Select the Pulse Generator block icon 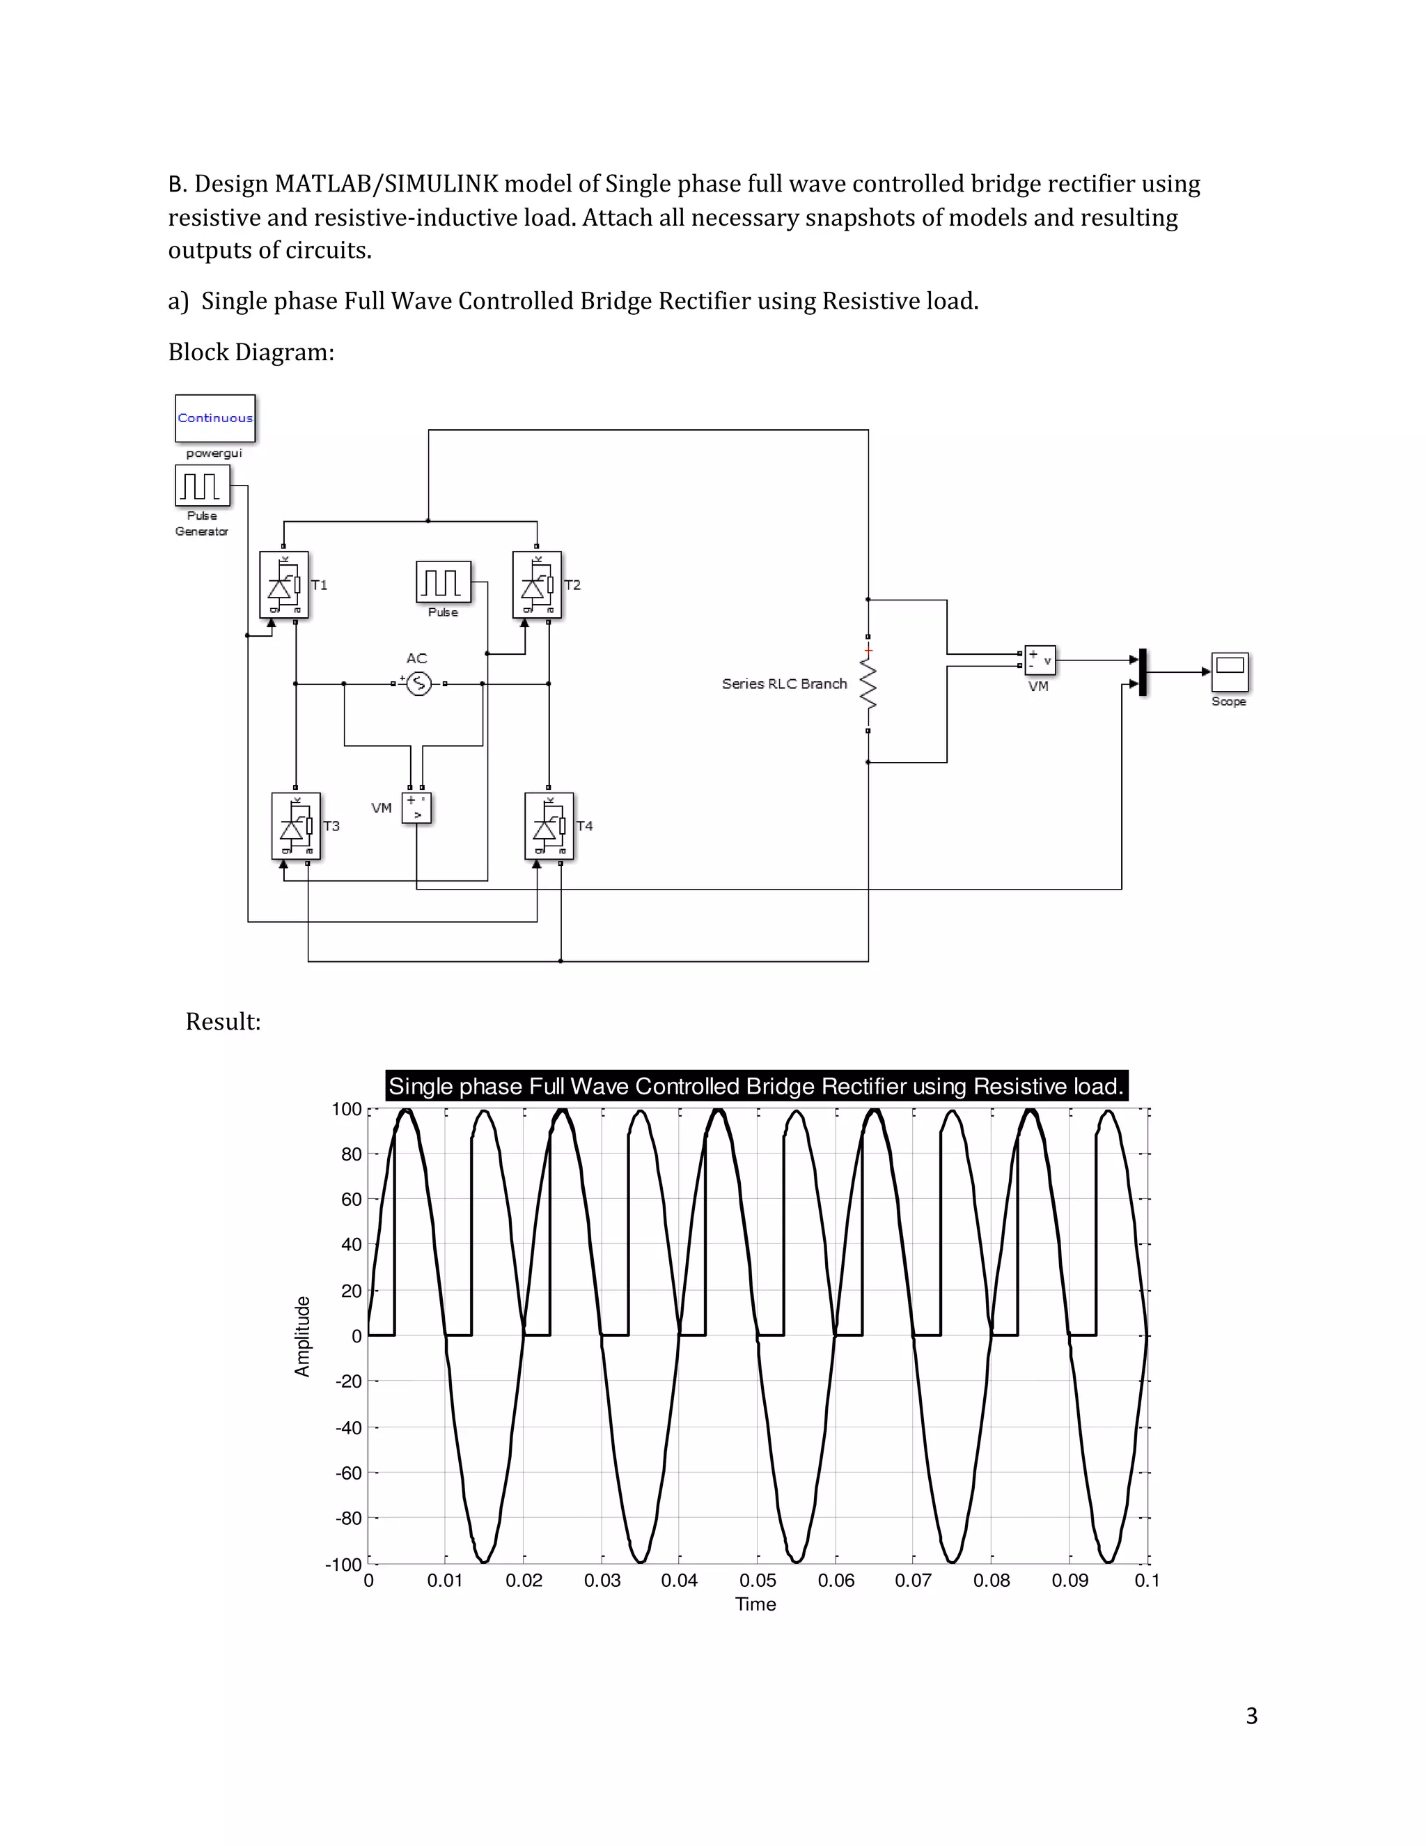(202, 486)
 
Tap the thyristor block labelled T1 (284, 585)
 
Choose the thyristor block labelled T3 (296, 825)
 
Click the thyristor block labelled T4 (549, 825)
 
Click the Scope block (1229, 672)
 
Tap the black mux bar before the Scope (1143, 672)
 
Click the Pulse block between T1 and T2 (443, 582)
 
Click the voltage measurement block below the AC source (416, 808)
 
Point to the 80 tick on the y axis (352, 1154)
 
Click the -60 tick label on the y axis (349, 1473)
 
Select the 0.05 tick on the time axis (758, 1581)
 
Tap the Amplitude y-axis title (302, 1336)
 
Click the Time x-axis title (755, 1604)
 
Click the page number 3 (1251, 1716)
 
